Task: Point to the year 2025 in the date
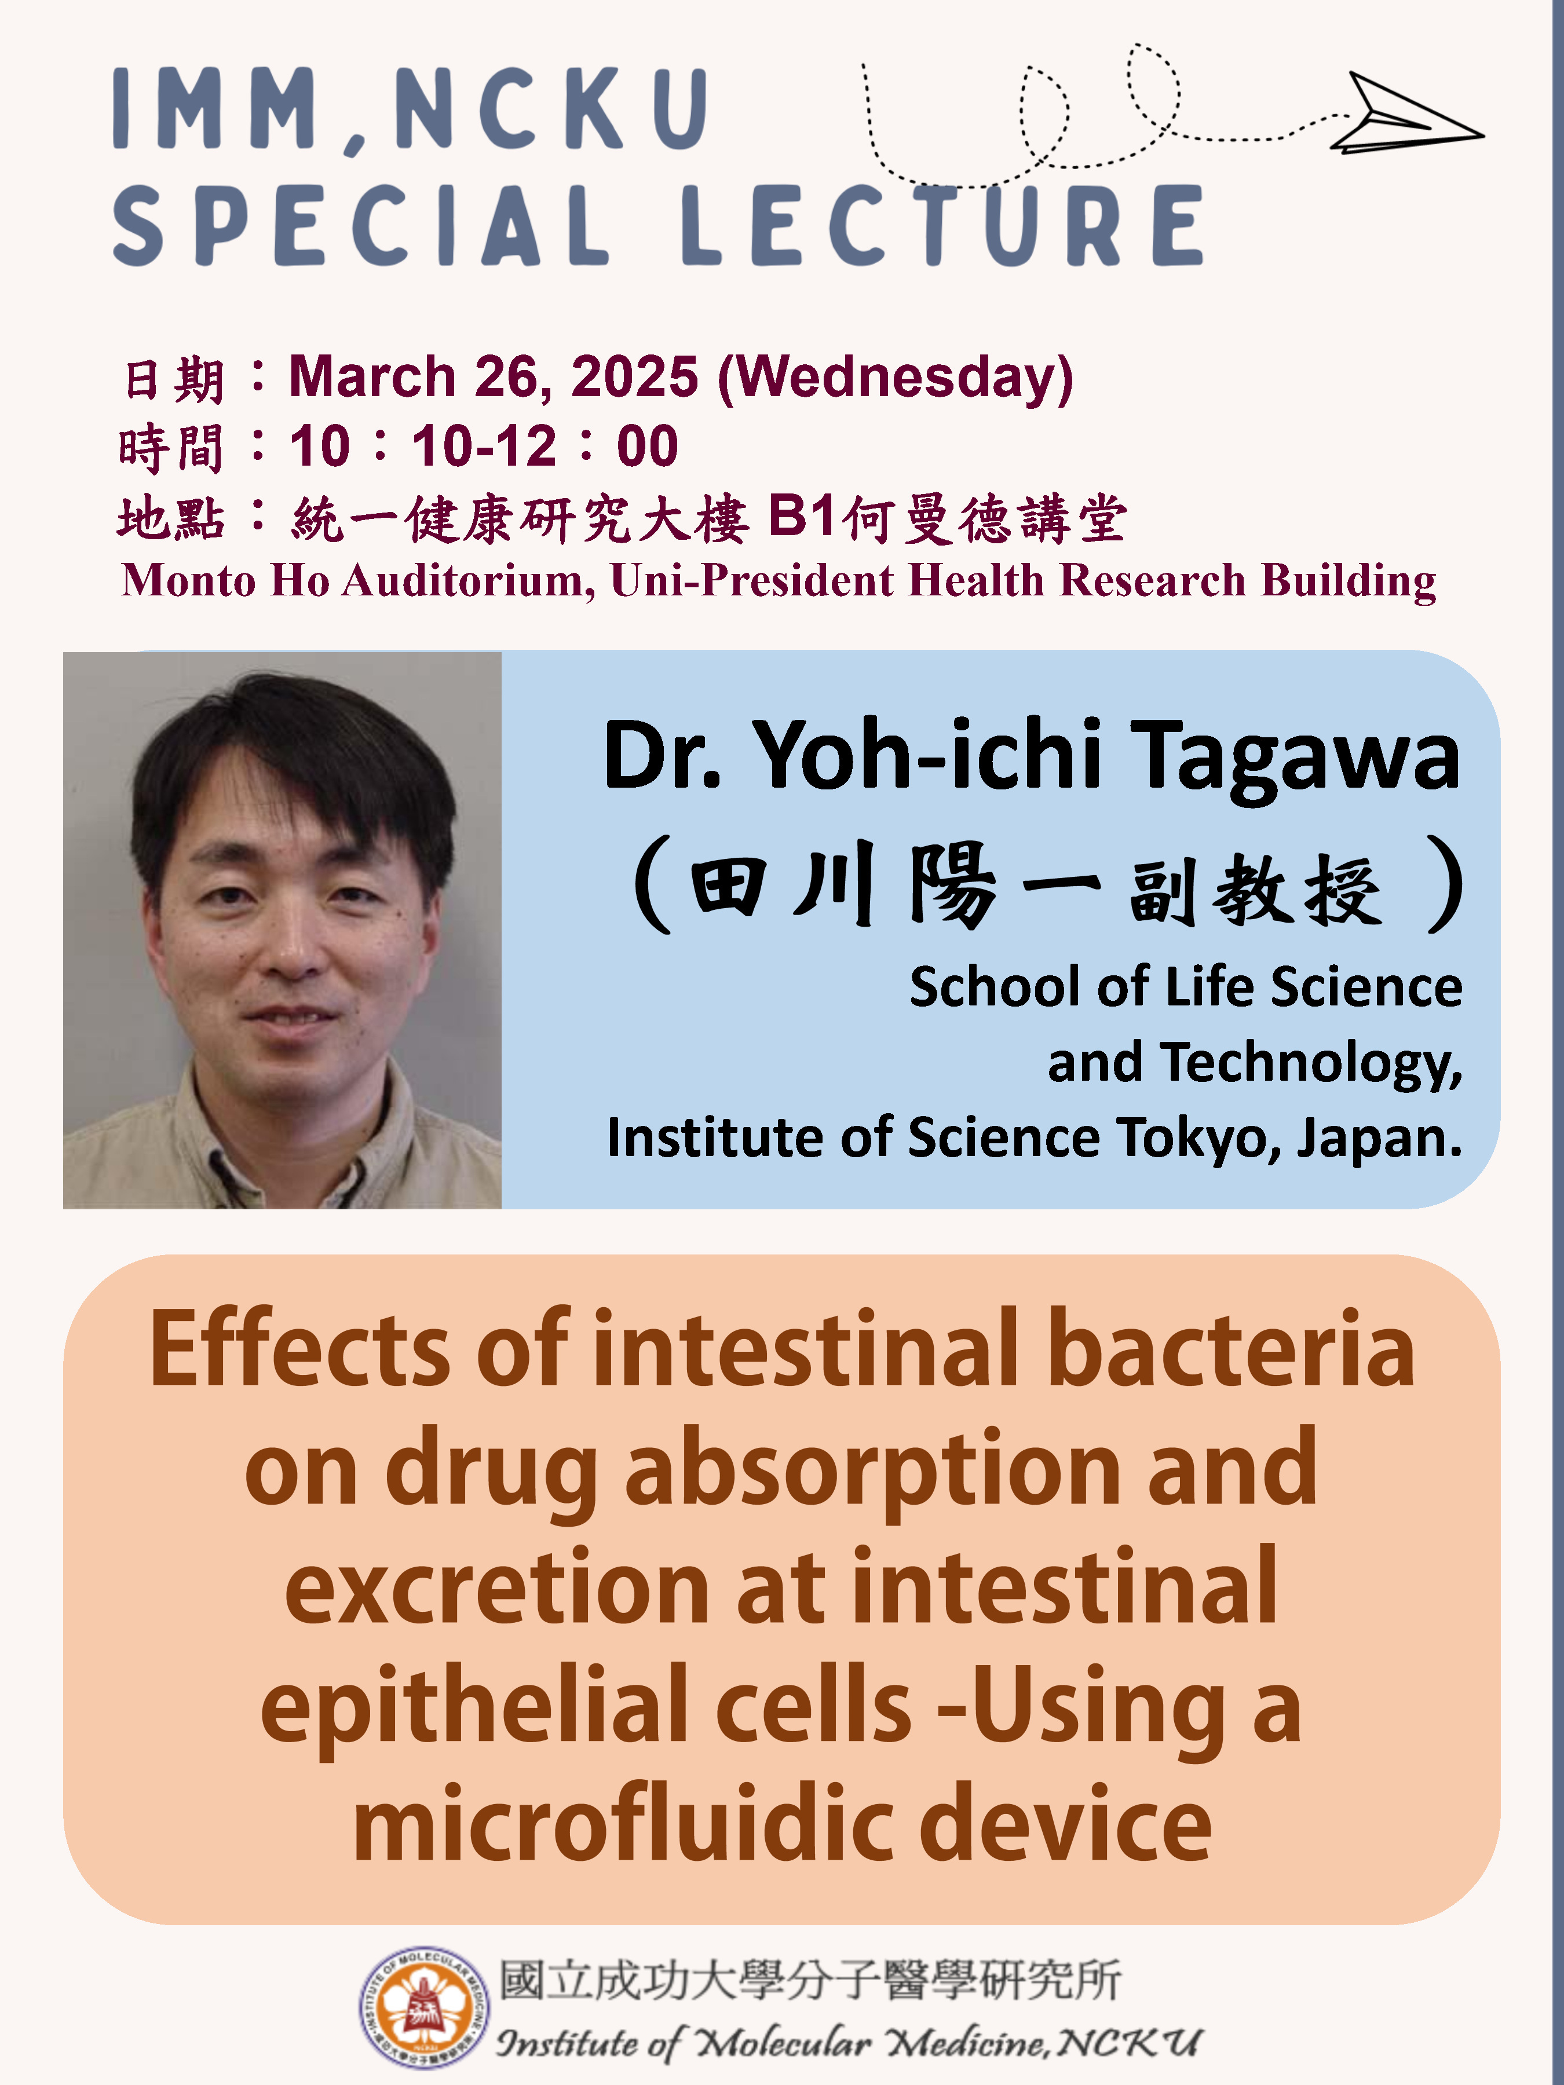pos(634,377)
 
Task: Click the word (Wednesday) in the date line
pos(896,379)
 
